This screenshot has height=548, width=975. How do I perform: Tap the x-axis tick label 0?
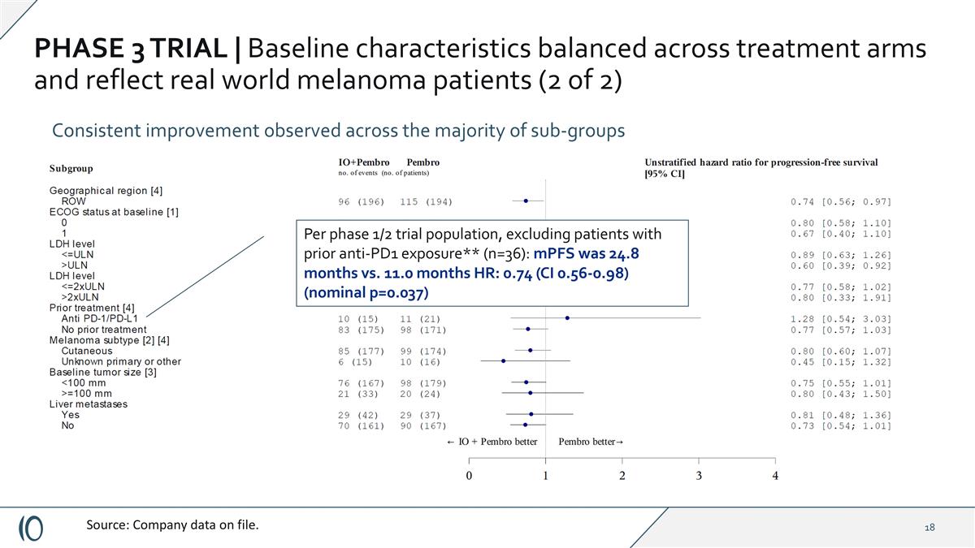tap(469, 476)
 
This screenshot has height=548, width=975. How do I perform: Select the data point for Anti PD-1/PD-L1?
tap(567, 318)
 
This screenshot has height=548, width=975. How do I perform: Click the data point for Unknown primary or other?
tap(503, 361)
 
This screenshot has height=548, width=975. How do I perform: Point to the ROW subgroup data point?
tap(526, 201)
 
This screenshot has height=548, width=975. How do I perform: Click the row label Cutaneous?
tap(87, 351)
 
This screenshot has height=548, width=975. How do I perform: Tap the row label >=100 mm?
tap(87, 393)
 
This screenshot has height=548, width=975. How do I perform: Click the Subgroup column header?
tap(71, 168)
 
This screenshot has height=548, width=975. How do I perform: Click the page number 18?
tap(929, 528)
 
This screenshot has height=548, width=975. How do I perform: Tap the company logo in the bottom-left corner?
tap(32, 527)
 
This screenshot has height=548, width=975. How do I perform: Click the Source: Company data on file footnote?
tap(173, 525)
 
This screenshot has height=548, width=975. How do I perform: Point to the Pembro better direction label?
tap(591, 442)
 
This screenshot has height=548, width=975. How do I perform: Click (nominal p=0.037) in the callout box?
tap(366, 292)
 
